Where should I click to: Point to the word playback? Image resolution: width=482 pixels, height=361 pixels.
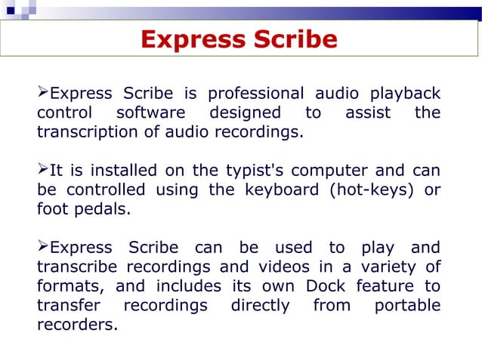point(405,94)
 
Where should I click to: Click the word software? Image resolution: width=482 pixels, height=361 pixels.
point(150,113)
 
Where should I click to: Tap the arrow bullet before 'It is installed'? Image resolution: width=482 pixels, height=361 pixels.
point(42,170)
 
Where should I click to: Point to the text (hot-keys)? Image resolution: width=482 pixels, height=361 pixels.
point(371,190)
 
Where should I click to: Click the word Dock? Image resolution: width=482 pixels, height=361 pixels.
point(326,286)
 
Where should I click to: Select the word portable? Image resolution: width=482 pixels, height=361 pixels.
point(407,305)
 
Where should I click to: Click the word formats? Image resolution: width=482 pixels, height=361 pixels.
point(73,286)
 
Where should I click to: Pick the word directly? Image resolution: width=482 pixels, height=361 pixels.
point(260,305)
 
